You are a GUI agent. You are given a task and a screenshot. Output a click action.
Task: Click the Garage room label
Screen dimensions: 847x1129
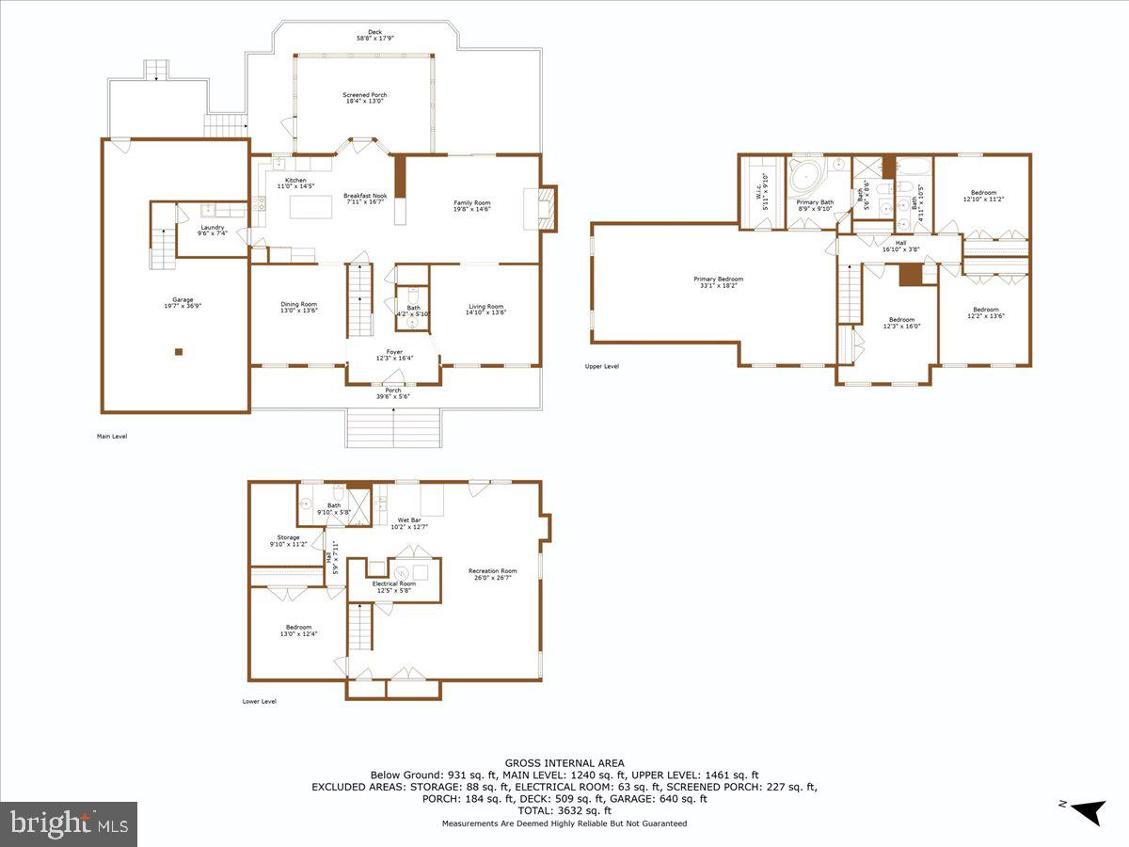coord(175,302)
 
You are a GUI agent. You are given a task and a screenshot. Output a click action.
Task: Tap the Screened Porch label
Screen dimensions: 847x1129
coord(364,98)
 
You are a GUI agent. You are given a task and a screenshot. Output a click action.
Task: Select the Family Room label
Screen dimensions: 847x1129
coord(472,205)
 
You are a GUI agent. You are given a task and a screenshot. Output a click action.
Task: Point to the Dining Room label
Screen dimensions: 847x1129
coord(298,307)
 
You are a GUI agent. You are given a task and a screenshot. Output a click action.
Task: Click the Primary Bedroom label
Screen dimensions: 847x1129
coord(718,281)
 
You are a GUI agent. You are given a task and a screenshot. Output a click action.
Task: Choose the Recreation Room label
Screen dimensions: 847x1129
coord(493,574)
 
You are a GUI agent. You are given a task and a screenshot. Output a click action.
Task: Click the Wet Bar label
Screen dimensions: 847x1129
coord(409,522)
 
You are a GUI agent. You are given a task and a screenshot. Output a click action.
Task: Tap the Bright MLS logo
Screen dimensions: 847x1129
coord(68,823)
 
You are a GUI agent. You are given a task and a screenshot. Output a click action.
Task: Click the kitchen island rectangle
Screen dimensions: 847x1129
coord(310,205)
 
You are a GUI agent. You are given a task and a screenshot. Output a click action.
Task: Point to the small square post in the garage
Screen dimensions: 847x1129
coord(178,353)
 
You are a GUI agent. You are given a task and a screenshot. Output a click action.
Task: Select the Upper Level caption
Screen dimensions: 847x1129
coord(601,366)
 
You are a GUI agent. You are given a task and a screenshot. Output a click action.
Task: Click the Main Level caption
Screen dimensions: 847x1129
coord(111,436)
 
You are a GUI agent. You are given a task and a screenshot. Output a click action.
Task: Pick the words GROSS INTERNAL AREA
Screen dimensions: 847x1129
coord(564,763)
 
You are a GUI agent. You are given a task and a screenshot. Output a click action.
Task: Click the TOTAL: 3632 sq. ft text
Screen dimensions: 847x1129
coord(564,810)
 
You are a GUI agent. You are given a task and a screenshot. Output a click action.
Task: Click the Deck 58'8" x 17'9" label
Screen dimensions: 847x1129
coord(375,35)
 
